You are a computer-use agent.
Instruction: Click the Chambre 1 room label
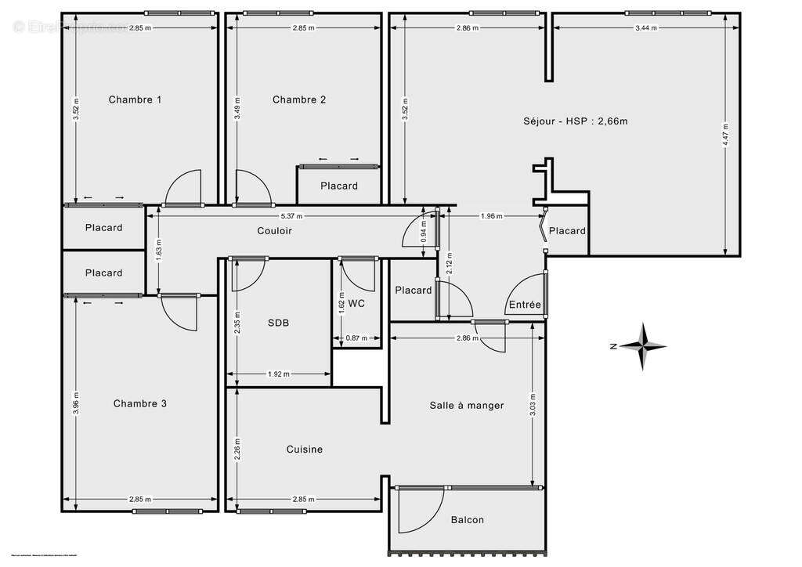[x=135, y=99]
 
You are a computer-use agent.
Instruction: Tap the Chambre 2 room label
[x=299, y=99]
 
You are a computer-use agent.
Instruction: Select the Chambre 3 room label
[x=139, y=403]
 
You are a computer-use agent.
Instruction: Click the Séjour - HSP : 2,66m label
[x=576, y=121]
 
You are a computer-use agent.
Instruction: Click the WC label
[x=357, y=303]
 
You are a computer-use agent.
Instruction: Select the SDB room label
[x=278, y=323]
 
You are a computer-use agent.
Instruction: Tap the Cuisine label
[x=304, y=450]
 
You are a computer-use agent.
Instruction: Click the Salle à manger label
[x=466, y=405]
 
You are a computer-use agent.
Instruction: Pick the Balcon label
[x=467, y=520]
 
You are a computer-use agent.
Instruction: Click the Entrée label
[x=524, y=305]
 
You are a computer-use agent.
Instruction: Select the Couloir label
[x=274, y=230]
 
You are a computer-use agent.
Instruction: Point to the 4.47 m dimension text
[x=726, y=134]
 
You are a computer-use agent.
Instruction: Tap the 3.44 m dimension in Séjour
[x=645, y=27]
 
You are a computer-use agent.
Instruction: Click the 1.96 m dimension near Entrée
[x=492, y=216]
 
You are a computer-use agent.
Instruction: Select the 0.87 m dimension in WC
[x=356, y=338]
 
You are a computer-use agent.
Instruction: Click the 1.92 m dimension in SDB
[x=279, y=374]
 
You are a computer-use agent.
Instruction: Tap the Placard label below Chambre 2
[x=338, y=186]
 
